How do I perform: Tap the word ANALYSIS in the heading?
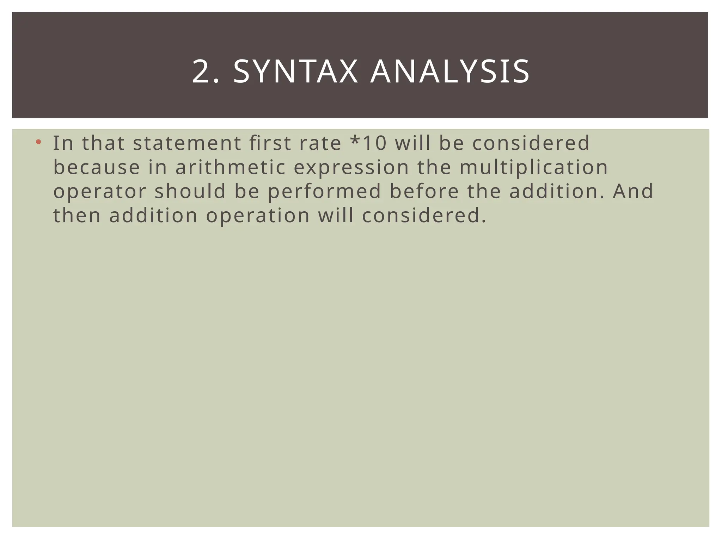click(x=450, y=72)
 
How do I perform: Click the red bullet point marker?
click(x=39, y=142)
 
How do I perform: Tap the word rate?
click(x=320, y=143)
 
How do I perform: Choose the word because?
click(x=96, y=167)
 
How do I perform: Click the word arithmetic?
click(x=230, y=167)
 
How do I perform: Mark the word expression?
click(x=351, y=168)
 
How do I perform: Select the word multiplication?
click(x=534, y=168)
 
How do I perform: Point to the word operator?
click(x=99, y=192)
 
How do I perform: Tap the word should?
click(x=190, y=191)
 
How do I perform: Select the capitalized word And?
click(x=633, y=191)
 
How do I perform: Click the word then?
click(x=77, y=216)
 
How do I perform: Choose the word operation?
click(x=258, y=216)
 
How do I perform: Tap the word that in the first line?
click(x=103, y=143)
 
